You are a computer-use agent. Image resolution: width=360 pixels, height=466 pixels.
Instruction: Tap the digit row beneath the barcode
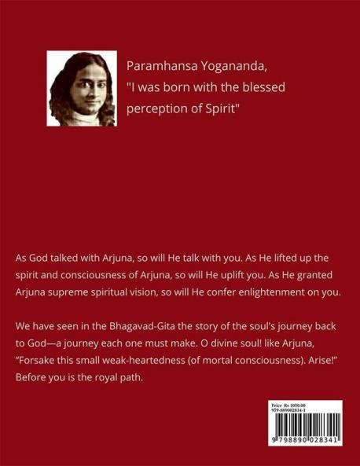306,442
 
